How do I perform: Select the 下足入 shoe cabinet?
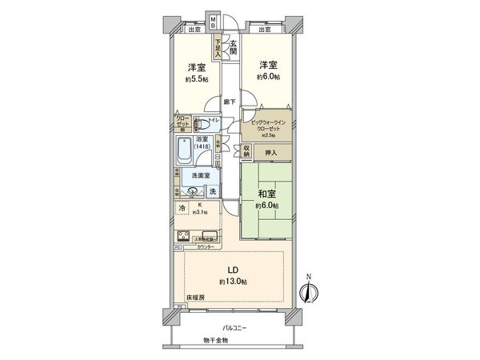pyautogui.click(x=218, y=48)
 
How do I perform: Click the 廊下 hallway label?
pyautogui.click(x=230, y=102)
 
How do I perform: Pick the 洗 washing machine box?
pyautogui.click(x=212, y=191)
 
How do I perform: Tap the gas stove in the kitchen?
pyautogui.click(x=183, y=237)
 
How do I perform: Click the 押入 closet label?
pyautogui.click(x=270, y=153)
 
